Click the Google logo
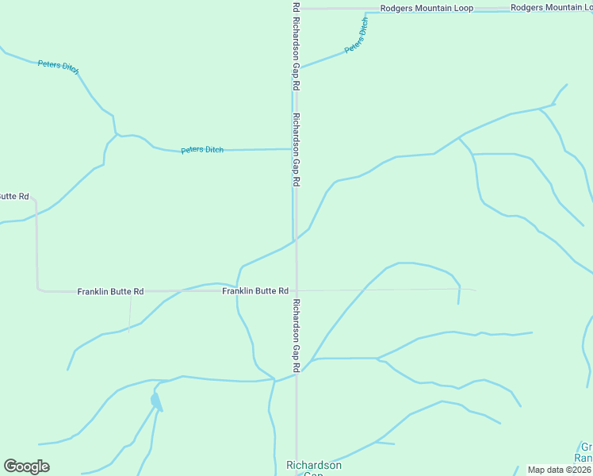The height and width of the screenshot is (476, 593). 26,466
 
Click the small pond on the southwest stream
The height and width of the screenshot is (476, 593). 155,399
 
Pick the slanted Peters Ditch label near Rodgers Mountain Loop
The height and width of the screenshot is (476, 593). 357,36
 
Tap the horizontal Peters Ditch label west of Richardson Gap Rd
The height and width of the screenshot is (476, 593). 202,150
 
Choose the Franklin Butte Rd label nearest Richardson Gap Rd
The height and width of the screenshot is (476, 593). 255,291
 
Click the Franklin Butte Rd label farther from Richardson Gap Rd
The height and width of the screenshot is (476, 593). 110,292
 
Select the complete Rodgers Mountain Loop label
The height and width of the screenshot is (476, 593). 427,8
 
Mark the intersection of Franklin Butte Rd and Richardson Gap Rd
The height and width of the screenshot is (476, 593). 296,290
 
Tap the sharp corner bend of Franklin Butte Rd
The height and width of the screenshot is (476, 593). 37,290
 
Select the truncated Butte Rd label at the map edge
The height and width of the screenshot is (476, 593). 14,196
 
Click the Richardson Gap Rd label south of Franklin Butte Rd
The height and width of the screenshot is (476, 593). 296,336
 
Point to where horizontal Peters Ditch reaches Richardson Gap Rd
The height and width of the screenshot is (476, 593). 293,148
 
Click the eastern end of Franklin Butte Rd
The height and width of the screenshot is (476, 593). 474,290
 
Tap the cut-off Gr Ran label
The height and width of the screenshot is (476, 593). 584,452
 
